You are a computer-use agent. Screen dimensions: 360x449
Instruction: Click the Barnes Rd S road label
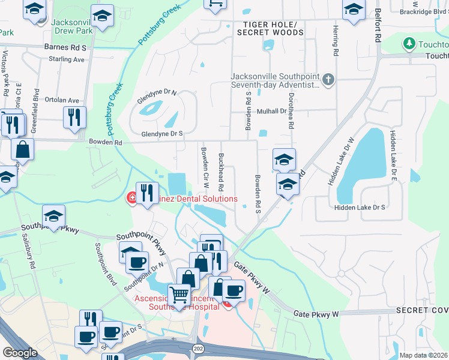(65, 46)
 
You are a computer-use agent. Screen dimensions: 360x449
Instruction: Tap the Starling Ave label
(67, 59)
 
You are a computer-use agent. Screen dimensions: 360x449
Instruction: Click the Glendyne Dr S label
(161, 134)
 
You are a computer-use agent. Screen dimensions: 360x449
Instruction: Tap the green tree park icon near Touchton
(409, 44)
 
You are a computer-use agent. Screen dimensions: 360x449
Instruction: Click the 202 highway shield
(197, 348)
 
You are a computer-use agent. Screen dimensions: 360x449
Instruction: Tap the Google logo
(20, 353)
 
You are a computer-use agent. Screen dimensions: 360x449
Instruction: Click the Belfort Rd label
(378, 27)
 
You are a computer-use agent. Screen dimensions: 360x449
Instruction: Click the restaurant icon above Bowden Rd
(74, 118)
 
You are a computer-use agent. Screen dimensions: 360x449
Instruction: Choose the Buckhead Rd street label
(221, 170)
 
